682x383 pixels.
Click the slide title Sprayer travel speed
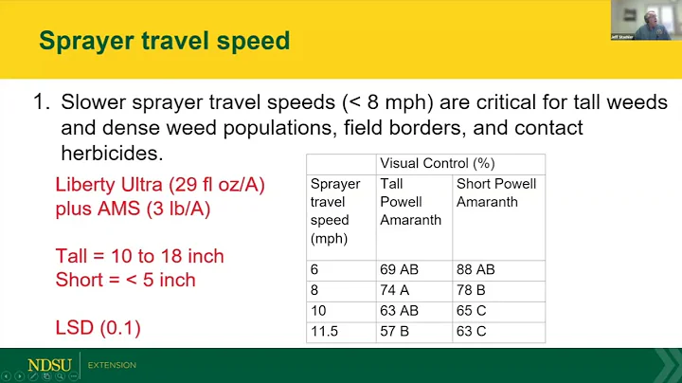tap(163, 41)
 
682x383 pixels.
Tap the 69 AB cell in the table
tap(399, 270)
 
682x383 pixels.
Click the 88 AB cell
tap(477, 270)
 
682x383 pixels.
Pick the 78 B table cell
tap(474, 291)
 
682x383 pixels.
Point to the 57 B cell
tap(396, 333)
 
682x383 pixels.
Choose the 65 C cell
tap(474, 312)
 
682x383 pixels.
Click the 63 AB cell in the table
tap(399, 312)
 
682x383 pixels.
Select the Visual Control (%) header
tap(423, 163)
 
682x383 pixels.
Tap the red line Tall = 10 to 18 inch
tap(139, 256)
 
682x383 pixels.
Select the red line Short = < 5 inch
tap(125, 280)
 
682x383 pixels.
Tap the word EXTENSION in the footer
tap(112, 365)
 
